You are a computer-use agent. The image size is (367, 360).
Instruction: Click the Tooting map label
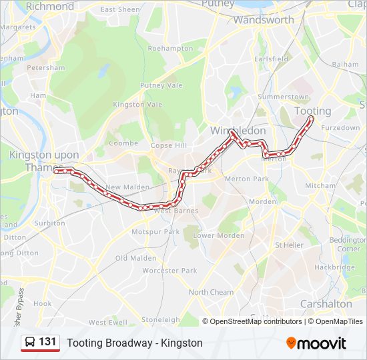pos(312,111)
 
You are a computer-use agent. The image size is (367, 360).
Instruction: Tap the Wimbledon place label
pos(238,131)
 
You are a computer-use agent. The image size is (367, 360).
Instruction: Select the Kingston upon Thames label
pos(44,161)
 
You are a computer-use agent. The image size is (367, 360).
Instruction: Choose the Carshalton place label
pos(326,303)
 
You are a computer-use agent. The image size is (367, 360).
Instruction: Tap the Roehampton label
pos(170,49)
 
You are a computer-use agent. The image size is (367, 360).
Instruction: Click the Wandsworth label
pos(263,20)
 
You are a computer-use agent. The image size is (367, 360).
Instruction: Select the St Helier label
pos(289,245)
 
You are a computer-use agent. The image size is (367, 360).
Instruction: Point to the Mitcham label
pos(320,185)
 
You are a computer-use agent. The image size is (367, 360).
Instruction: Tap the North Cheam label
pos(211,292)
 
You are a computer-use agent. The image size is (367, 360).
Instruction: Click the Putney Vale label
pos(160,85)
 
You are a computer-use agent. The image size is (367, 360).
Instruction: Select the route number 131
pos(48,342)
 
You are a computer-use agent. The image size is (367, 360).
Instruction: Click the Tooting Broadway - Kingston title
pos(134,343)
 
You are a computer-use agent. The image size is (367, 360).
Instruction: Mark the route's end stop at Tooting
pos(311,119)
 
